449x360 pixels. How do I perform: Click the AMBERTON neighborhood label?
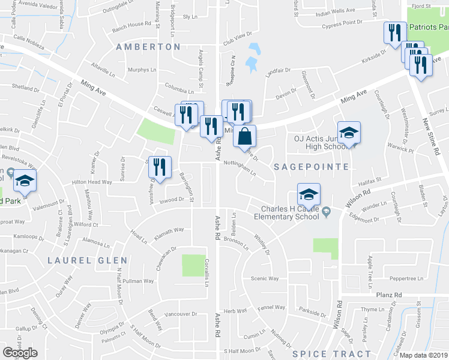pos(148,47)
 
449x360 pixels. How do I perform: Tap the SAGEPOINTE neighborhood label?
pos(311,167)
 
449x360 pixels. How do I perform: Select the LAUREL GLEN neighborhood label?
pos(88,260)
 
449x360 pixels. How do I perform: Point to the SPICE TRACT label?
pos(331,354)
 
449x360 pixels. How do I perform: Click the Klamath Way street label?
pos(169,230)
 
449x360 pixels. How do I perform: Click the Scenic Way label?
pos(265,278)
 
